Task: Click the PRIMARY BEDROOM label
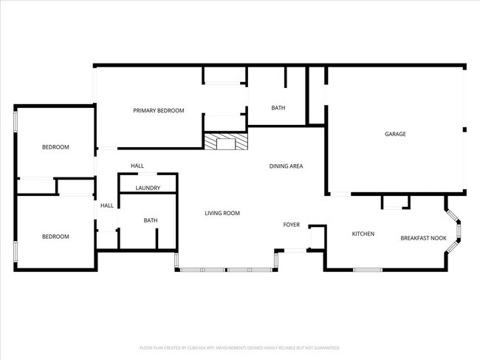click(159, 111)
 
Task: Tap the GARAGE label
click(395, 134)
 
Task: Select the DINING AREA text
click(286, 166)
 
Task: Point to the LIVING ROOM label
click(222, 213)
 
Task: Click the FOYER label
click(292, 225)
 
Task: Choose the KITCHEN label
click(363, 234)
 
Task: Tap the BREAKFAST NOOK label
click(423, 238)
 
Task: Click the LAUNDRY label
click(148, 188)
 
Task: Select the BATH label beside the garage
click(278, 108)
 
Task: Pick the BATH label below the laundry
click(151, 220)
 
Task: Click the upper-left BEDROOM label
click(55, 147)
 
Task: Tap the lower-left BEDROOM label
click(55, 237)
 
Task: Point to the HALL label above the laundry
click(137, 166)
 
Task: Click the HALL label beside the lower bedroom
click(107, 206)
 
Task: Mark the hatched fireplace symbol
click(226, 142)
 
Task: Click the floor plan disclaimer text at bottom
click(239, 347)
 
